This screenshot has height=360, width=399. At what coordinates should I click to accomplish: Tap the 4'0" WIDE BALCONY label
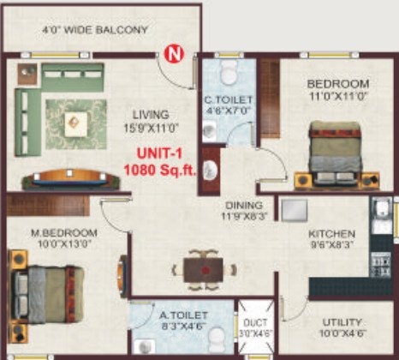(x=95, y=30)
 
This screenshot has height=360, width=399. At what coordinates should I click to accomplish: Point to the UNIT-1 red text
(x=160, y=154)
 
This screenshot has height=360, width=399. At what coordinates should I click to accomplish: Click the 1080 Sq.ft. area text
(x=160, y=169)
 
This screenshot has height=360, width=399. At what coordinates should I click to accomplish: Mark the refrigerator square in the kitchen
(x=295, y=210)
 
